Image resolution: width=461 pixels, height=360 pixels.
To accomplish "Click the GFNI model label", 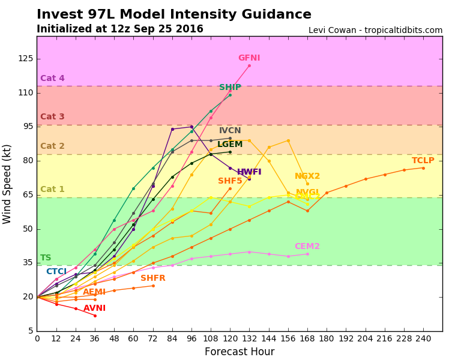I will [249, 58].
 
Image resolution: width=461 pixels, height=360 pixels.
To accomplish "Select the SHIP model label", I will [230, 88].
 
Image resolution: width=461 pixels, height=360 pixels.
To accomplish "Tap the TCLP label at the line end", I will [423, 161].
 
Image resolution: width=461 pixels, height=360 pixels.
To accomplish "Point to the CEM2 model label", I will [307, 247].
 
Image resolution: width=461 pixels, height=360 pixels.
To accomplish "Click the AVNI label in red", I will [94, 308].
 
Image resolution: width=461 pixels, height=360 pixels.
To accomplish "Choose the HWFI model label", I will [249, 172].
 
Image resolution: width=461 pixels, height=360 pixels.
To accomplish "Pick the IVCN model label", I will [230, 131].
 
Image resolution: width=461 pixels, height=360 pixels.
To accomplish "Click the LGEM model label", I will [230, 145].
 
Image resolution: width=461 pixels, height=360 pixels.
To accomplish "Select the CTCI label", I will [56, 272].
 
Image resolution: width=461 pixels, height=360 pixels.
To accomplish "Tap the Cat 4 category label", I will [52, 79].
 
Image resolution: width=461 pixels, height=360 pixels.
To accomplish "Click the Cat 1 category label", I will [52, 190].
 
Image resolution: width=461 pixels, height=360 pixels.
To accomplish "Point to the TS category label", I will [46, 258].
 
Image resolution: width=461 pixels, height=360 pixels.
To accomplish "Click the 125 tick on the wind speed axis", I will [25, 59].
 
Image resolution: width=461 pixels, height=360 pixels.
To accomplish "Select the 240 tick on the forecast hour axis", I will [423, 338].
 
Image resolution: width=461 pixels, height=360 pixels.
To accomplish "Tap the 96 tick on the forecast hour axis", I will [191, 338].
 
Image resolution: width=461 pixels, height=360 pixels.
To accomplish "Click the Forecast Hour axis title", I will [240, 352].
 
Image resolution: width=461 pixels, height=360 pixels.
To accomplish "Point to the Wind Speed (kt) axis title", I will [7, 184].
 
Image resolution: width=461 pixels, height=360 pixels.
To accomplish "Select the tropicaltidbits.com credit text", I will [375, 30].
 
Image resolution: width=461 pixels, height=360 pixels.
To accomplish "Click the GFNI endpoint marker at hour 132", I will [249, 65].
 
